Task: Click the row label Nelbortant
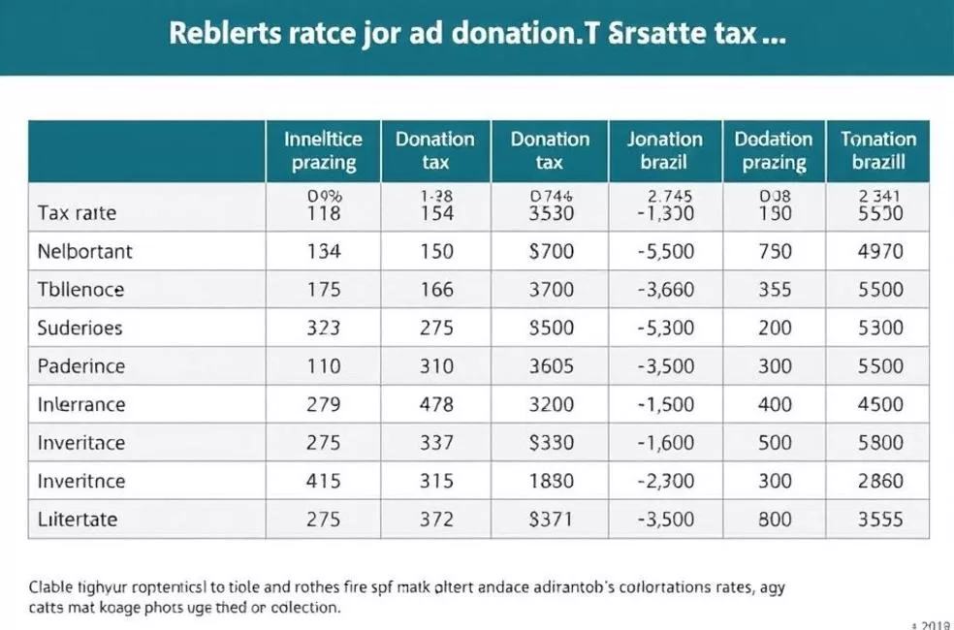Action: (x=84, y=251)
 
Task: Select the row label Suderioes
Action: (x=79, y=328)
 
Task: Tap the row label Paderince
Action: (x=81, y=366)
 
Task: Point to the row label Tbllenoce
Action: (x=80, y=290)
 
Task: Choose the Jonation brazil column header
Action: (x=664, y=150)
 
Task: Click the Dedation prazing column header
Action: (x=774, y=150)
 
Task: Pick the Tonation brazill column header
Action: (x=878, y=150)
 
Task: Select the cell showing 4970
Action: (x=880, y=251)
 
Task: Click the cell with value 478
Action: (x=436, y=404)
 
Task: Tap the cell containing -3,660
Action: (x=664, y=290)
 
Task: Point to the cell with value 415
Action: (x=323, y=481)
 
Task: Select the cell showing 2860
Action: (x=880, y=481)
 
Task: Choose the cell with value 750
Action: (x=775, y=251)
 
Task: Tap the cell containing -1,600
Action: (x=664, y=443)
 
